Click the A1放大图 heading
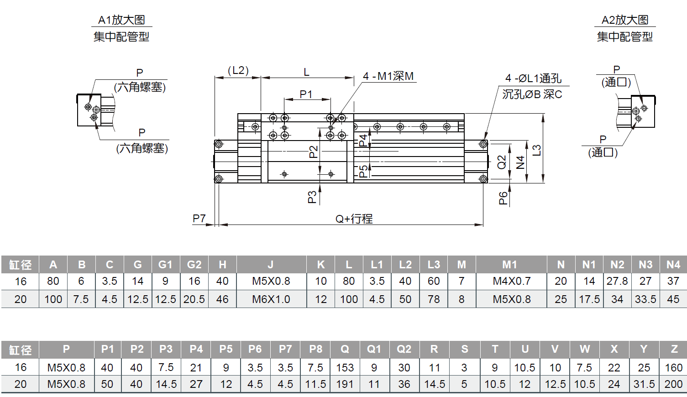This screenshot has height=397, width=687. [121, 20]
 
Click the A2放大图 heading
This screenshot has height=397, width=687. [625, 20]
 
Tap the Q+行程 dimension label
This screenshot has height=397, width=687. [354, 219]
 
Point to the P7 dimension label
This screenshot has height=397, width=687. [199, 218]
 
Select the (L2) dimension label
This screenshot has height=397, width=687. [238, 71]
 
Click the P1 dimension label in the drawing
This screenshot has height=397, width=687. [306, 94]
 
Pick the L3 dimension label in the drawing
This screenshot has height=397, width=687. [536, 150]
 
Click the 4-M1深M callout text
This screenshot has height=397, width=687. [388, 76]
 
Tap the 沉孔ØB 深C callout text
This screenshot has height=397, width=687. [532, 94]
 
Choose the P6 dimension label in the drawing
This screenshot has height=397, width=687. [503, 198]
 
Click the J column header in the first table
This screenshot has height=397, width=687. [271, 265]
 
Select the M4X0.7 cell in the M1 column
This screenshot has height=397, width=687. [512, 281]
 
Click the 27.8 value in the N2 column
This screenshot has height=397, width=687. [617, 281]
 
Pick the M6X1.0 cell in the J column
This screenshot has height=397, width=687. [271, 299]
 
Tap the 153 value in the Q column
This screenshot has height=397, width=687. [345, 368]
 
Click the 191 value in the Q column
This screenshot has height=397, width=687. [345, 384]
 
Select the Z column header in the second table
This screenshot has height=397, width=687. [674, 349]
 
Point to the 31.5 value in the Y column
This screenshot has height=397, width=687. [644, 384]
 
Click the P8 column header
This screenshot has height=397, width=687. [315, 349]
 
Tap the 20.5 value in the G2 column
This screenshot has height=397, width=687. [194, 299]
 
